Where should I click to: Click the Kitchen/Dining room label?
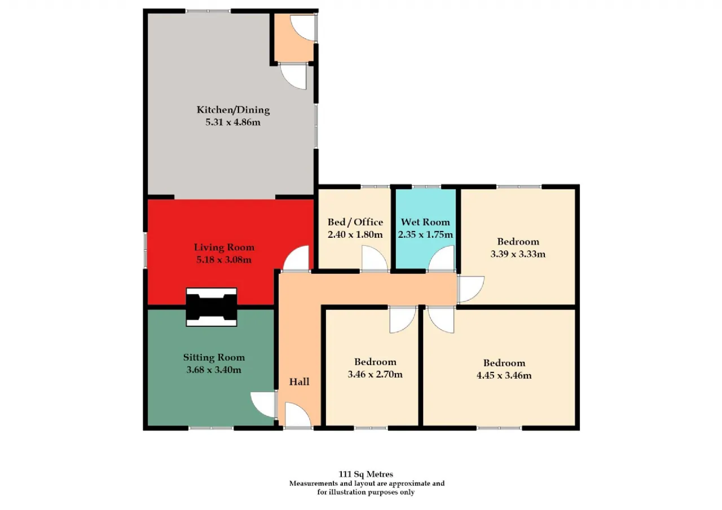[x=233, y=110]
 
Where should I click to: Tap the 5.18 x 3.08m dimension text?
[x=224, y=259]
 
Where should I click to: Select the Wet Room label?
[x=425, y=222]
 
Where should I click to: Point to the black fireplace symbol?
[x=212, y=307]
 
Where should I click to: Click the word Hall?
[x=299, y=382]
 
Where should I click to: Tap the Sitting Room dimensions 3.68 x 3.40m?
[x=214, y=370]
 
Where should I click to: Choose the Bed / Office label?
[x=355, y=222]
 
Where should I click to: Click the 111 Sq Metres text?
[x=366, y=474]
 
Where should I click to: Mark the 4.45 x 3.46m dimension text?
[x=504, y=375]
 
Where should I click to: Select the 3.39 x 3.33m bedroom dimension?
[x=518, y=254]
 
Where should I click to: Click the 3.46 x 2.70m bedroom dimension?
[x=375, y=374]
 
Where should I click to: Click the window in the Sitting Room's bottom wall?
[x=211, y=428]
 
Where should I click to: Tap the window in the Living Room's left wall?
[x=145, y=251]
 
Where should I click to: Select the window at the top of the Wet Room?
[x=426, y=187]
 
